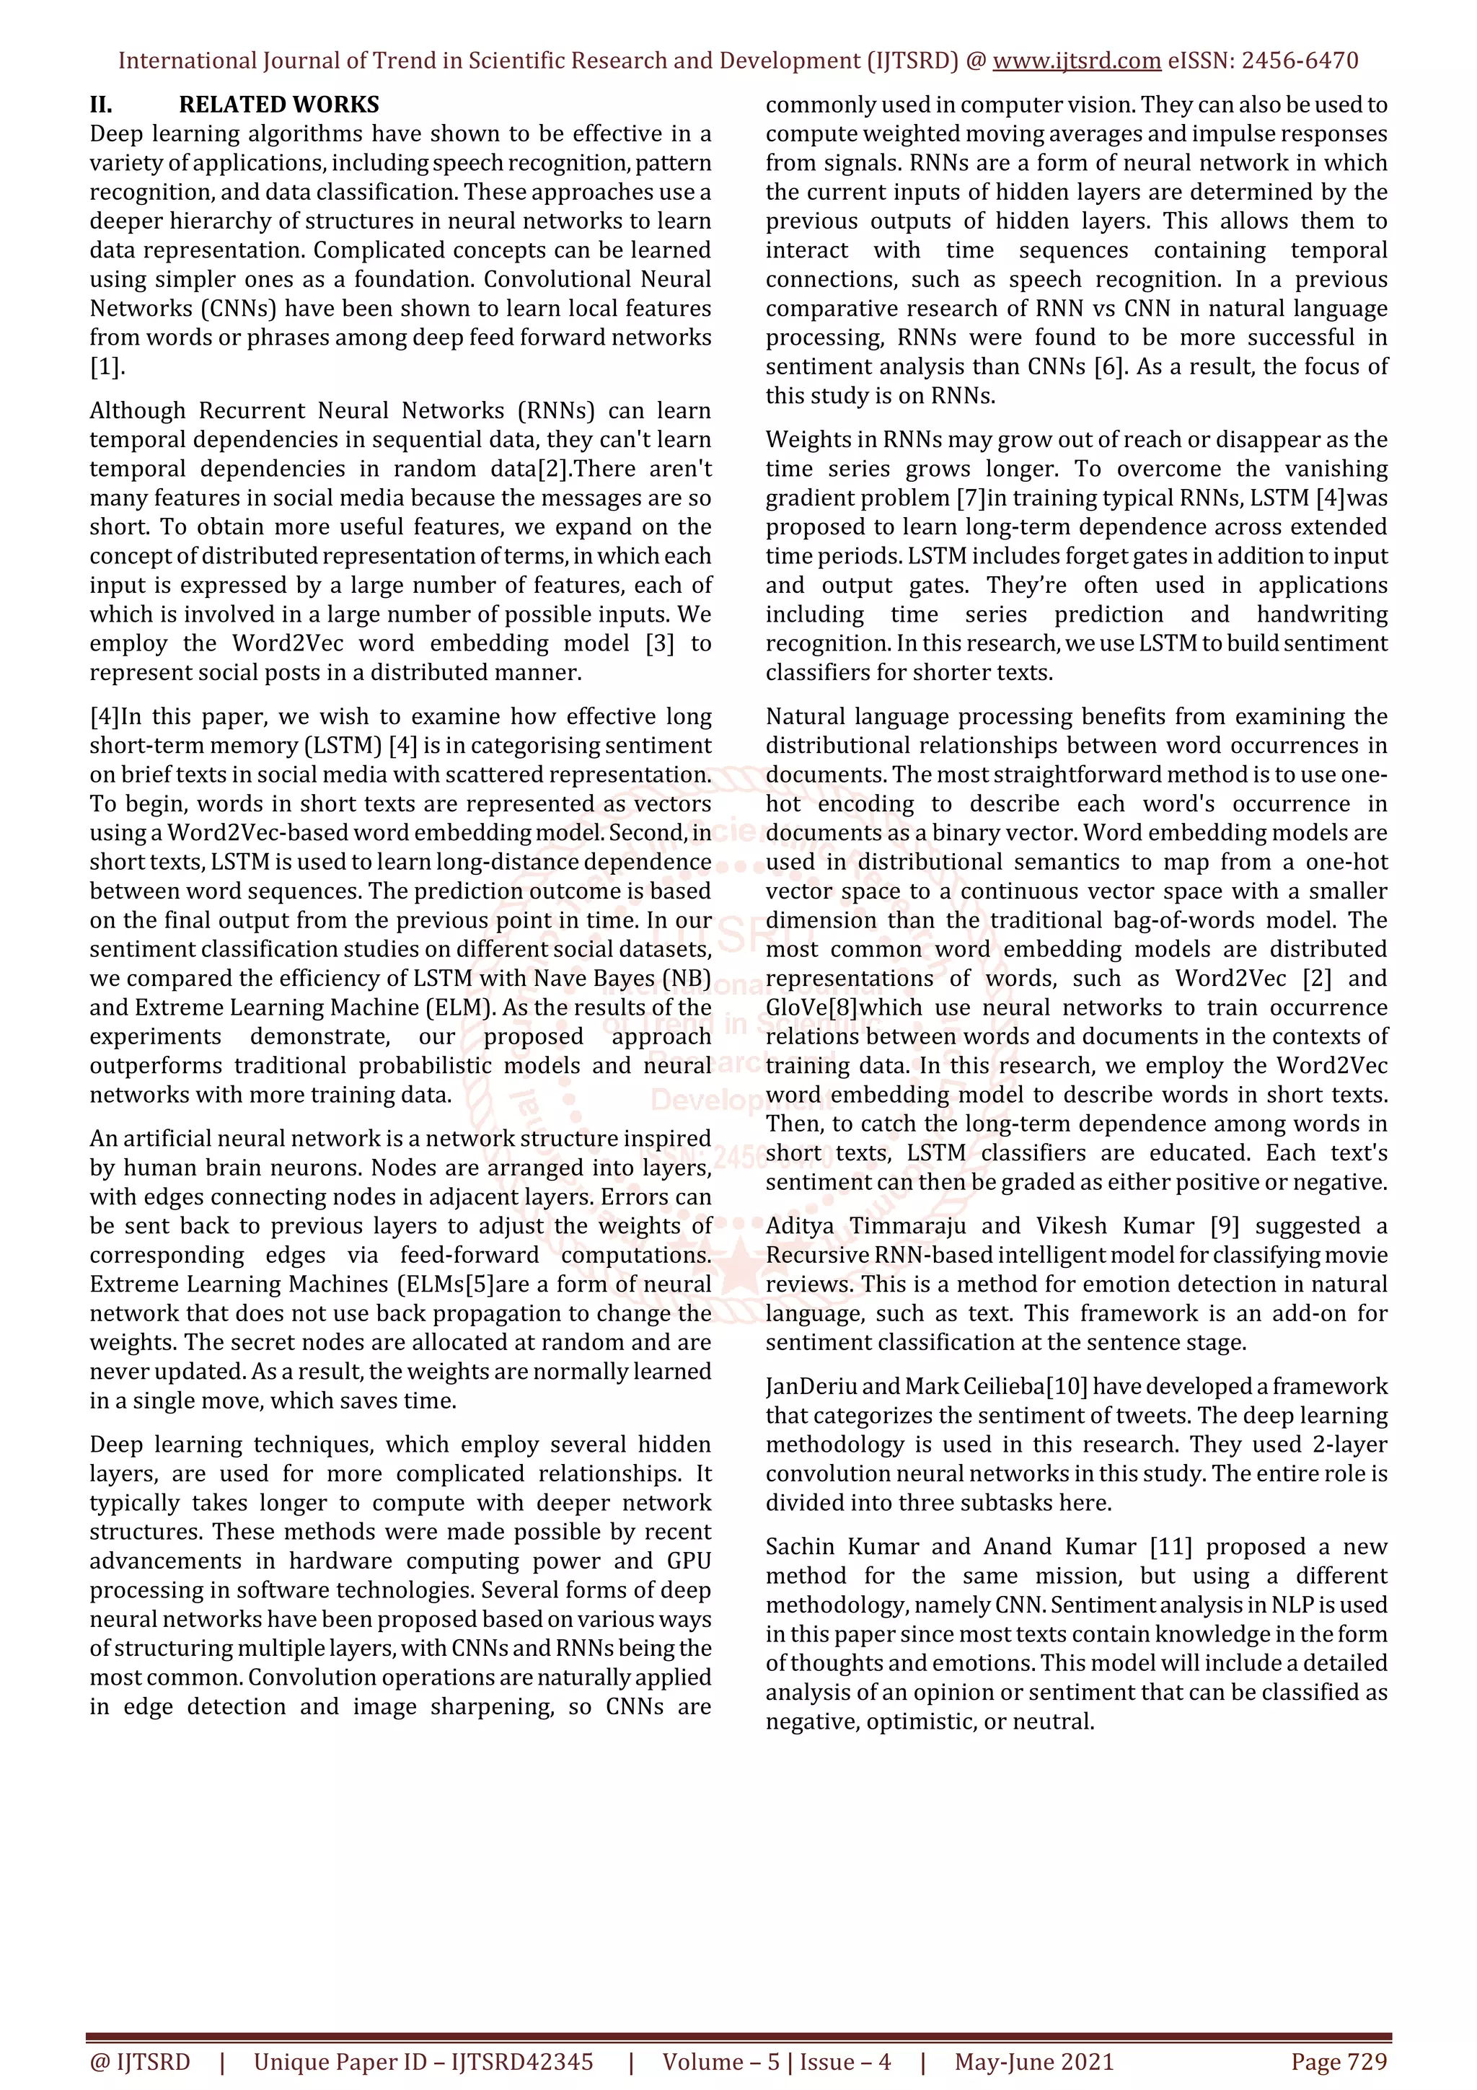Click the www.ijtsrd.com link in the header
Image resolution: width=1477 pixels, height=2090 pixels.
click(x=1076, y=61)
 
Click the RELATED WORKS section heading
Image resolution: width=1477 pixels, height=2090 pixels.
click(x=278, y=105)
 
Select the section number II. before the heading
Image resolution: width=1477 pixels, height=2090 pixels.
click(x=101, y=105)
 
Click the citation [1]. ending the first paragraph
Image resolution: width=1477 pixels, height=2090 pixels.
click(x=107, y=367)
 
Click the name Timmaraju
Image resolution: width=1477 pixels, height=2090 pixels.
click(x=907, y=1226)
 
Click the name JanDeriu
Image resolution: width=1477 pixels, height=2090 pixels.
click(x=810, y=1386)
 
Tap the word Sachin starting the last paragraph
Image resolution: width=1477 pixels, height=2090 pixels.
click(x=800, y=1546)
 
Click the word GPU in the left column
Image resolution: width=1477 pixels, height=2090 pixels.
click(x=689, y=1561)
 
